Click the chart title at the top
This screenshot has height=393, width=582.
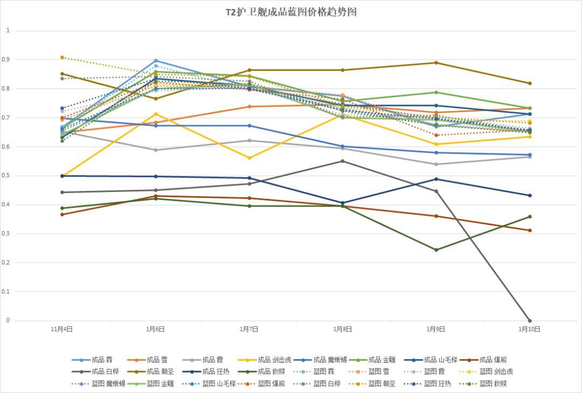tap(291, 12)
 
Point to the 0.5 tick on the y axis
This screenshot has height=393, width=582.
tap(8, 176)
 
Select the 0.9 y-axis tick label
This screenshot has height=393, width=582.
tap(8, 59)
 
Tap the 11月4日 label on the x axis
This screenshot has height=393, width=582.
tap(62, 328)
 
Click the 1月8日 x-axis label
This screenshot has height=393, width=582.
tap(343, 328)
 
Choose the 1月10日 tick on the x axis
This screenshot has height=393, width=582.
tap(529, 328)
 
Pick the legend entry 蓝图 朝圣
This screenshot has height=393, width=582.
tap(377, 384)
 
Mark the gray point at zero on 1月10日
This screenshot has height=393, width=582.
tap(530, 321)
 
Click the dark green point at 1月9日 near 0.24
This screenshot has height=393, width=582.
tap(436, 250)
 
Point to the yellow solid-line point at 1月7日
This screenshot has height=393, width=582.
tap(249, 158)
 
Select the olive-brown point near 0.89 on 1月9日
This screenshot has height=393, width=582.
tap(436, 63)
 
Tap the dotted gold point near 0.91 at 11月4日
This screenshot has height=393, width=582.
tap(62, 57)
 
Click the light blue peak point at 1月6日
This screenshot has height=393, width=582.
tap(156, 61)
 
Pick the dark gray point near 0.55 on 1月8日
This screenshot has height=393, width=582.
tap(343, 161)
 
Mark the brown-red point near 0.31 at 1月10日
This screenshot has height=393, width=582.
tap(530, 230)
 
